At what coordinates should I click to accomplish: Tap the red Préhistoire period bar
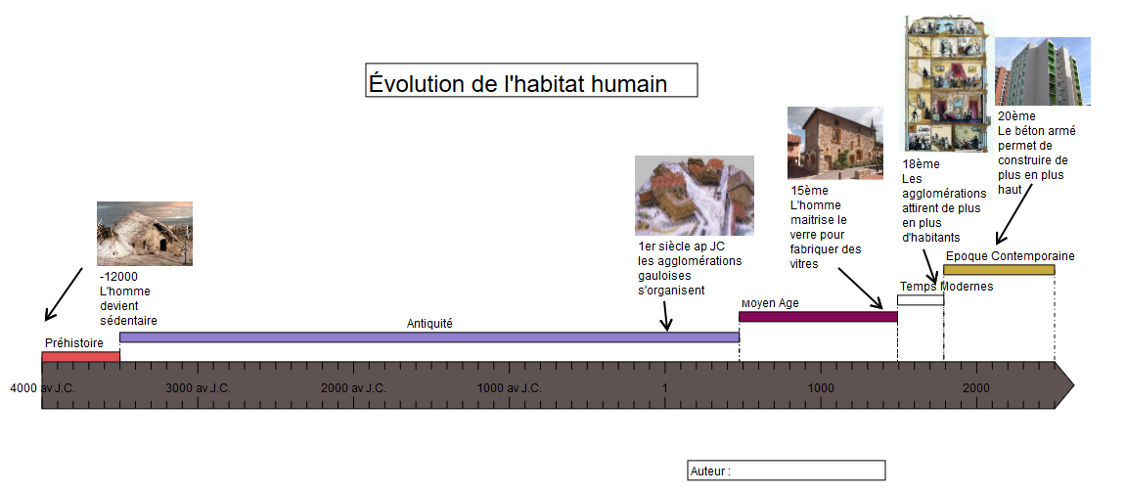[x=80, y=357]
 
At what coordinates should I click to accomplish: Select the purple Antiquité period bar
[x=429, y=337]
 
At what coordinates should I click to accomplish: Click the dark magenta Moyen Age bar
[x=819, y=317]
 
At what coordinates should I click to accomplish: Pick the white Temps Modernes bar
[x=921, y=300]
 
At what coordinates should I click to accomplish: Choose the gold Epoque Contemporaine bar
[x=999, y=270]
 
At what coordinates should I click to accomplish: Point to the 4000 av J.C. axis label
[x=42, y=388]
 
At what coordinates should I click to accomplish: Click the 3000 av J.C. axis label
[x=199, y=388]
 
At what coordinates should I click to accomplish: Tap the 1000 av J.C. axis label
[x=509, y=388]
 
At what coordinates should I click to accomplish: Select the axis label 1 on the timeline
[x=665, y=388]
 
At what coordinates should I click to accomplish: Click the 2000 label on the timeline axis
[x=976, y=388]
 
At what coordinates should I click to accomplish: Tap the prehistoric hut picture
[x=145, y=234]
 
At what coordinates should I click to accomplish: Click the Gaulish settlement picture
[x=695, y=196]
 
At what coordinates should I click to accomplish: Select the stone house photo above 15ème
[x=835, y=143]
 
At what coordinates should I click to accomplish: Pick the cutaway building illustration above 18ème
[x=949, y=83]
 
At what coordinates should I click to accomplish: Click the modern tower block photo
[x=1043, y=71]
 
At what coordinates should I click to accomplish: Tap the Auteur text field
[x=787, y=471]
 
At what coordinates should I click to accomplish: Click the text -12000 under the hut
[x=119, y=276]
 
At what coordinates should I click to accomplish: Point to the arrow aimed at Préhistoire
[x=65, y=294]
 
